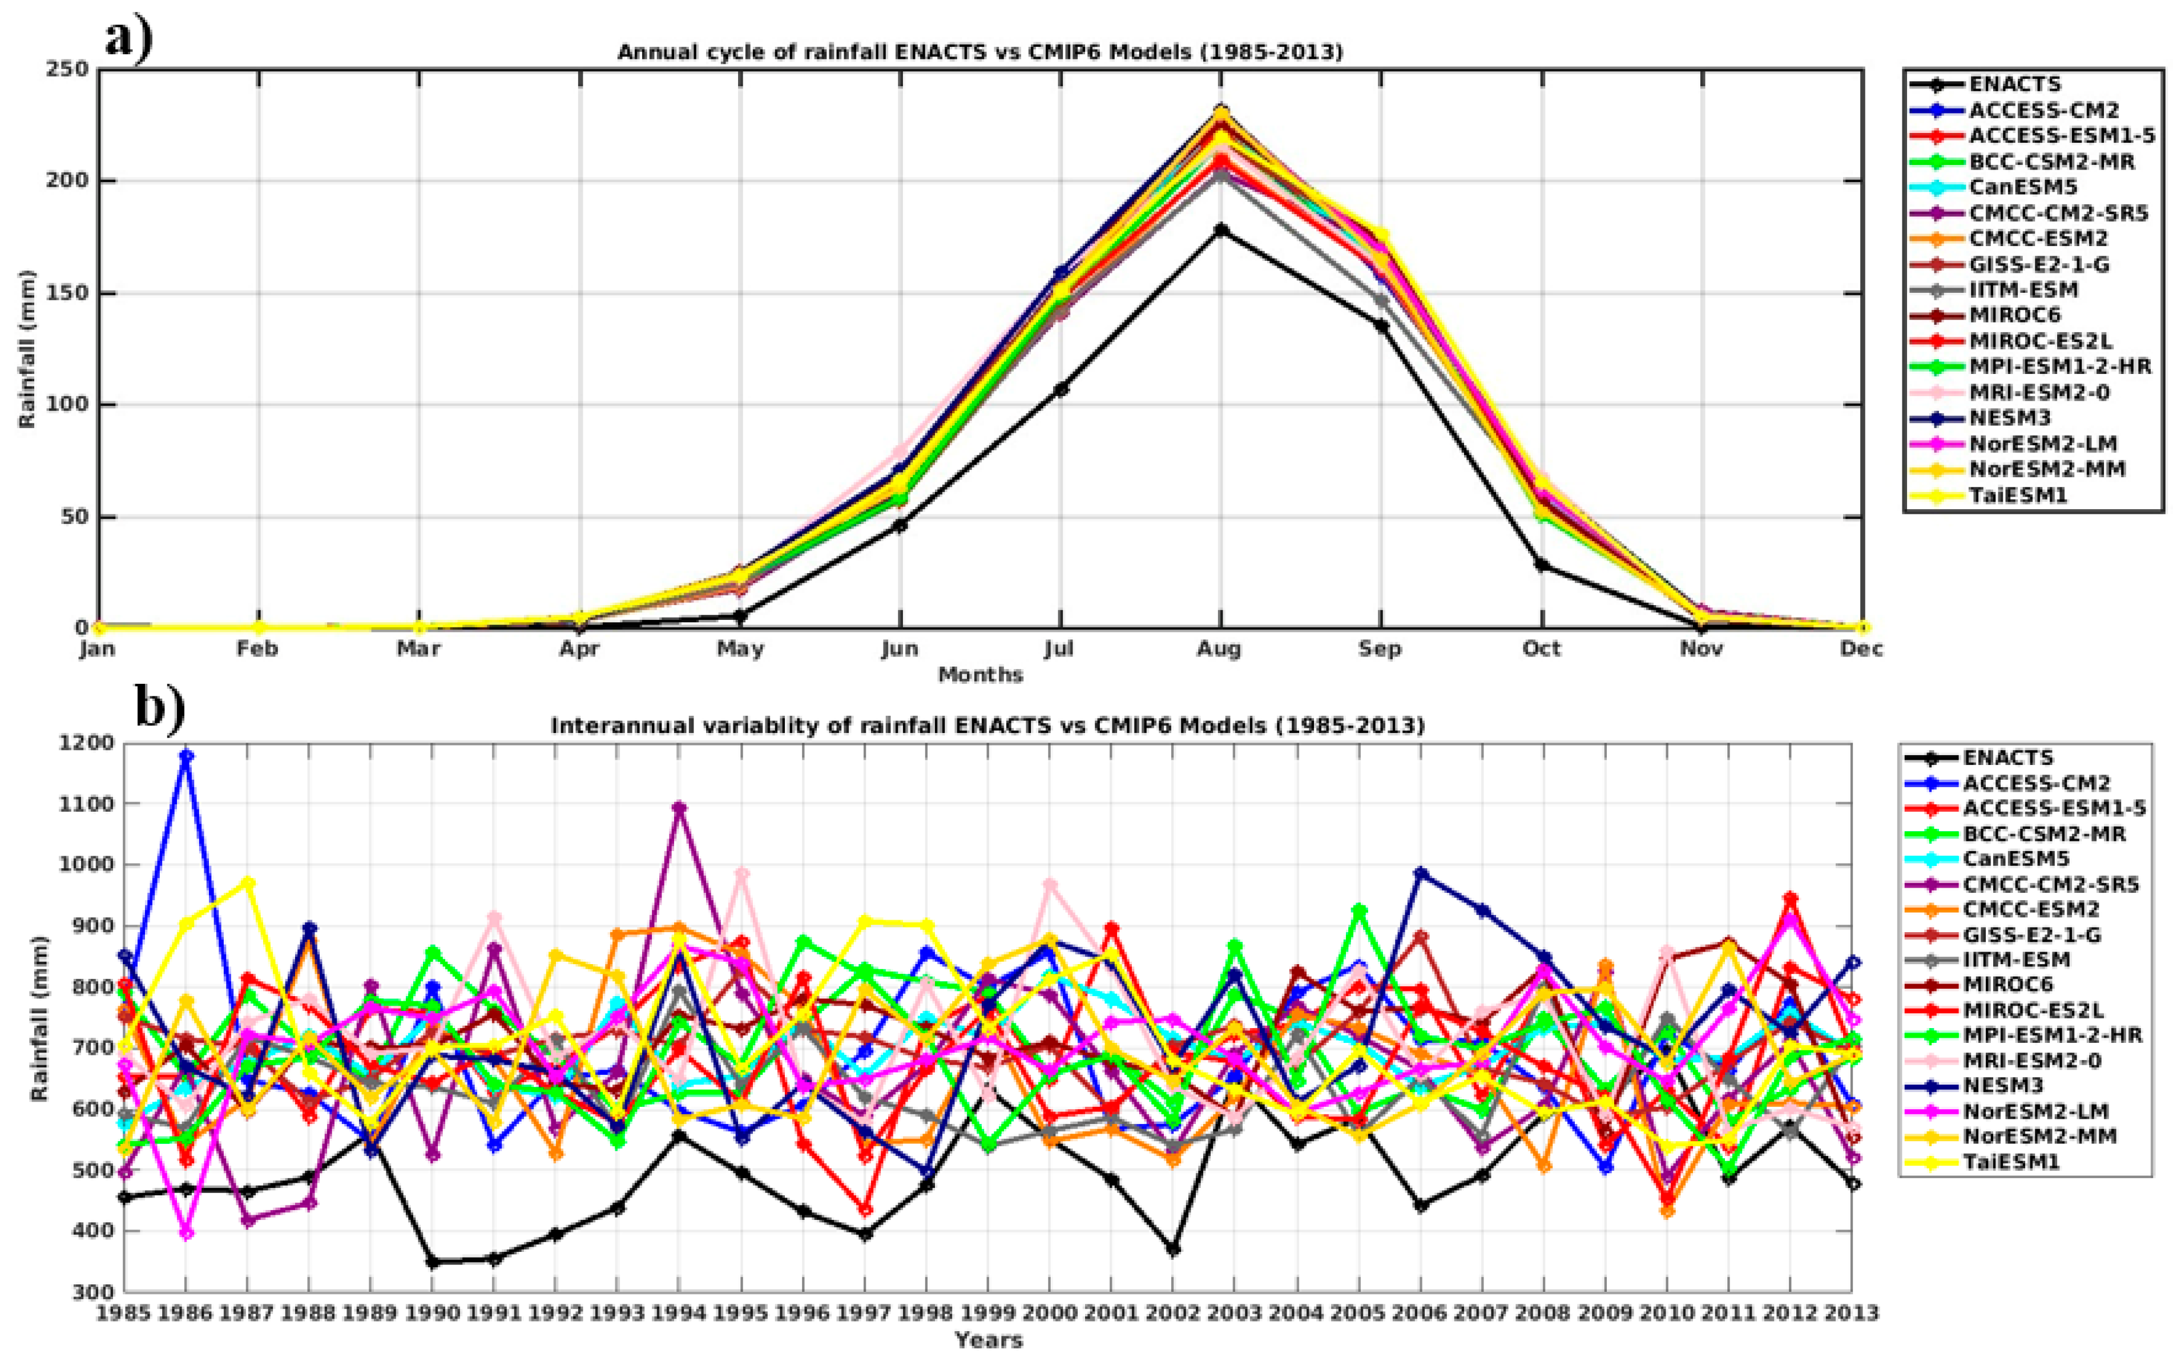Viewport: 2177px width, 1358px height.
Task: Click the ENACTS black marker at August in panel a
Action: [1220, 230]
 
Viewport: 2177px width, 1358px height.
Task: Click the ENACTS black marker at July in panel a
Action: [1061, 389]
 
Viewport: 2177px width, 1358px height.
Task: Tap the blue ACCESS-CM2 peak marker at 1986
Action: [187, 756]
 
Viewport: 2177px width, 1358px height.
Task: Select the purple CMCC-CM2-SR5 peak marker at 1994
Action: [679, 807]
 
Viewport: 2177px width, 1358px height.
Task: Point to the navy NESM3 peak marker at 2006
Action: [1421, 873]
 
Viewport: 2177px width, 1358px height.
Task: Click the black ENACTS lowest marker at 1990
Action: [433, 1262]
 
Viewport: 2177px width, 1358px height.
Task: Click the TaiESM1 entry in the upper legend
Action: [2018, 495]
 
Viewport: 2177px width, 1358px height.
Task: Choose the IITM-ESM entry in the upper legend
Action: [2022, 289]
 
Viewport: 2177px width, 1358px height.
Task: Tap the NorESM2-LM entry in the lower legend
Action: [2035, 1111]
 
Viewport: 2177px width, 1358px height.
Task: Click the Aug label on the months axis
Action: [1219, 648]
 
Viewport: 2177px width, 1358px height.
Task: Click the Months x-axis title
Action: [981, 675]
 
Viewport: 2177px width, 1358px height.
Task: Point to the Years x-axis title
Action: [988, 1341]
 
